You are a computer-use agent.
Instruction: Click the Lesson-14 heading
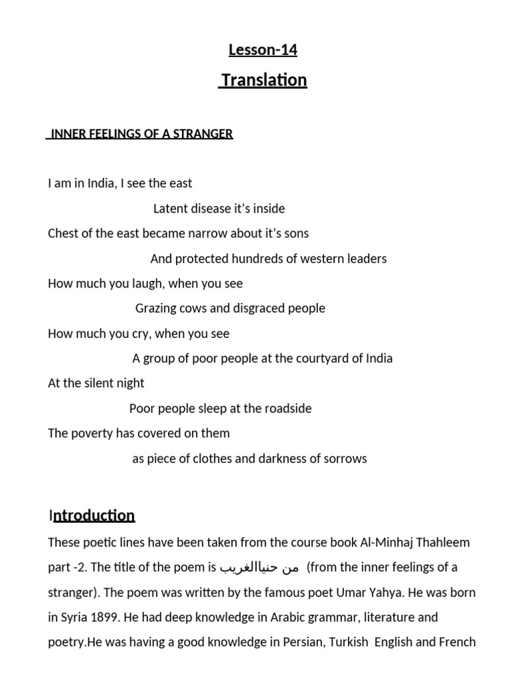coord(262,50)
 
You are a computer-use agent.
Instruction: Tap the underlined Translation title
coord(264,80)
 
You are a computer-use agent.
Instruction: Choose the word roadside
coord(285,408)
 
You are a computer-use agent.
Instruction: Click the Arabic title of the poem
coord(260,568)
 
